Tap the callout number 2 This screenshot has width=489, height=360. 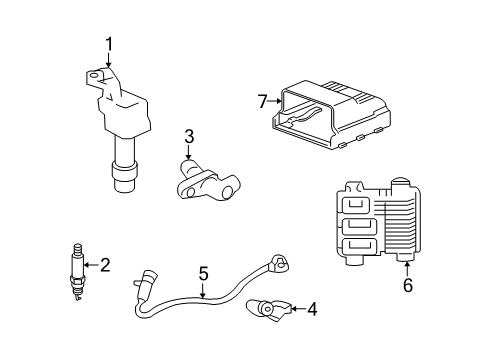point(105,265)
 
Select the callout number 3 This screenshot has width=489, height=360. point(189,137)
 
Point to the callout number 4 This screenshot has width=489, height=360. point(312,309)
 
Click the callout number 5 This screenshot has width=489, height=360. point(203,273)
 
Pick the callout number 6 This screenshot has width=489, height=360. point(408,285)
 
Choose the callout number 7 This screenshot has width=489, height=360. point(263,101)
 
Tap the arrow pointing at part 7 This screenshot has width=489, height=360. point(275,101)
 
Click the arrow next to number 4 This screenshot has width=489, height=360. point(298,309)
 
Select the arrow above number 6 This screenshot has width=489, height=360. point(407,269)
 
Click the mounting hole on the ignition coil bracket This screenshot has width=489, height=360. point(94,76)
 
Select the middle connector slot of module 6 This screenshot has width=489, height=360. point(359,227)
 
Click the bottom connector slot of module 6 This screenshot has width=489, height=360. point(359,247)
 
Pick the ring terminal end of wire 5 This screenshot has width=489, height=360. point(279,263)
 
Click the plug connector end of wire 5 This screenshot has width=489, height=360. point(145,279)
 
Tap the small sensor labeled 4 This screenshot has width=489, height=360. point(268,310)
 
